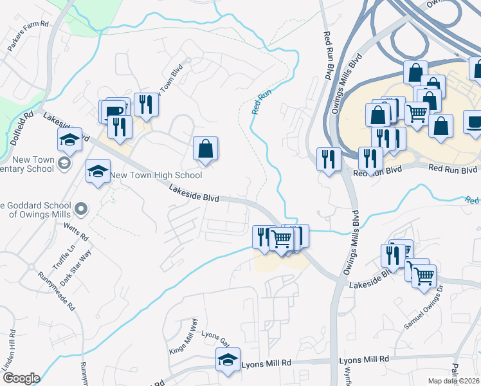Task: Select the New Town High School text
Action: pyautogui.click(x=156, y=175)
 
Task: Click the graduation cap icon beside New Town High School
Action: pyautogui.click(x=98, y=172)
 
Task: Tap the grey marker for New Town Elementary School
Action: pyautogui.click(x=64, y=164)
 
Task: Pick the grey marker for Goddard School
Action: pyautogui.click(x=81, y=208)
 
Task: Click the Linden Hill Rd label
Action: pyautogui.click(x=9, y=351)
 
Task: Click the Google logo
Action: pyautogui.click(x=21, y=378)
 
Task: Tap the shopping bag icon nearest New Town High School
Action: pyautogui.click(x=206, y=149)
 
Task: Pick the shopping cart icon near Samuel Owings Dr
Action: pyautogui.click(x=424, y=275)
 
